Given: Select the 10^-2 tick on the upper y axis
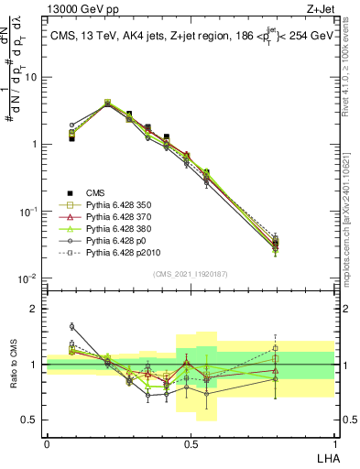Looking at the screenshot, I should click(x=31, y=278).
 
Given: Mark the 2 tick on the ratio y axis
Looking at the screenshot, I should click(x=37, y=309).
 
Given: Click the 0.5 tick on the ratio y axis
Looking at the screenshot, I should click(x=33, y=420).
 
